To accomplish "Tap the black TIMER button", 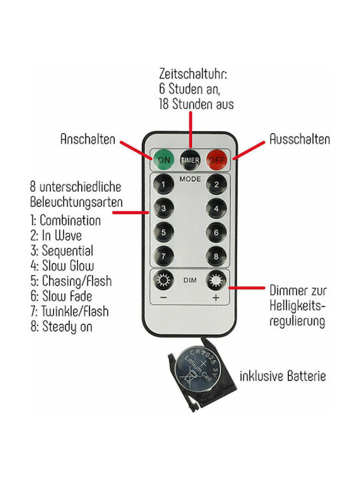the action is (190, 160).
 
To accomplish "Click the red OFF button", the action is (217, 160).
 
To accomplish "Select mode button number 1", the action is (163, 184).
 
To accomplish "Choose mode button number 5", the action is (163, 233).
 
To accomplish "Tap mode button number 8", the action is (217, 257).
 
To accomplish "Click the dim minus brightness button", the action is (163, 281).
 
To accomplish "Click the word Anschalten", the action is (88, 139).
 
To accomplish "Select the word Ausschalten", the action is (300, 139).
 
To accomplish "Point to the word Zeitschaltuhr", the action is (193, 74).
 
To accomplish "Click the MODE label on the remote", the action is (190, 179).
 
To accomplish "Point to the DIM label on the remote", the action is (190, 280).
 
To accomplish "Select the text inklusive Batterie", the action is (283, 376).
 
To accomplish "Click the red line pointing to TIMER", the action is (191, 130).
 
